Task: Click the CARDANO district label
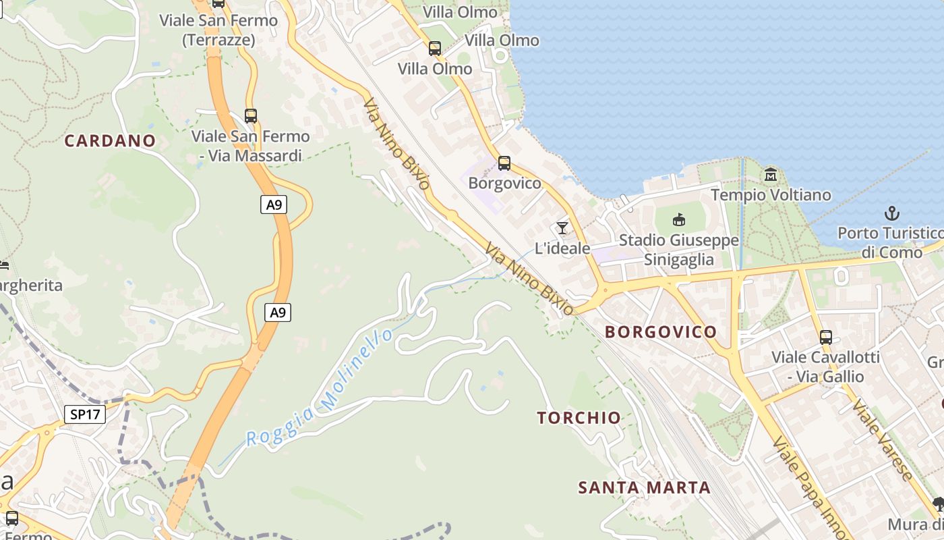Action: pos(110,140)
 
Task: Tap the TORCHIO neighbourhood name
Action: pos(579,417)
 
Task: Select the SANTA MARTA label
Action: pos(644,487)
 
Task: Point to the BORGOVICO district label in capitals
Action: pos(660,331)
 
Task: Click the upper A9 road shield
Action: pos(274,204)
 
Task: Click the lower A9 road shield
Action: pos(277,312)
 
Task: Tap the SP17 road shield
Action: pos(86,414)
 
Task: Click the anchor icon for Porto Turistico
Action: pos(892,214)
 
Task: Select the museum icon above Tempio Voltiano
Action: pos(771,175)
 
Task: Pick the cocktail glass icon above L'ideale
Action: pos(562,228)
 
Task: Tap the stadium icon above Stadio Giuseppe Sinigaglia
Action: pos(679,220)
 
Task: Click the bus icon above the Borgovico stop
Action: pos(504,163)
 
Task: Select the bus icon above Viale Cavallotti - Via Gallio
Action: pos(826,337)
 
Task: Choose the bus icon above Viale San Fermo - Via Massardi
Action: pos(251,115)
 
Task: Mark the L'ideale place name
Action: pos(562,248)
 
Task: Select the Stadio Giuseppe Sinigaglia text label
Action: pos(678,250)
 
